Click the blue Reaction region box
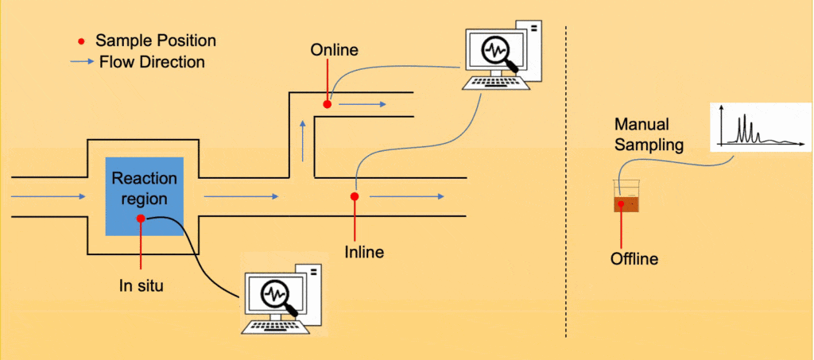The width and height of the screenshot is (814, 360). (x=145, y=195)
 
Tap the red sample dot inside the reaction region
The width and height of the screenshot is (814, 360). (x=141, y=218)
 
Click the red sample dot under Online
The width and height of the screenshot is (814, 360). (x=327, y=104)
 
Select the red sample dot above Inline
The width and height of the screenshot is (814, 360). (x=355, y=196)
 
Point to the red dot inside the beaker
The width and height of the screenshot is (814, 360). (x=621, y=204)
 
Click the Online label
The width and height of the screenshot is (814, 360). (x=334, y=50)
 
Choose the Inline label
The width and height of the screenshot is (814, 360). (x=364, y=253)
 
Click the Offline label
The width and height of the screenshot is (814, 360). (x=634, y=259)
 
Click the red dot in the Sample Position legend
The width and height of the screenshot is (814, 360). (x=83, y=41)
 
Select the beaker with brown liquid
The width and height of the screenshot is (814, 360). (x=626, y=196)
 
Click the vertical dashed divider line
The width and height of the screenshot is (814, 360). (x=565, y=180)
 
